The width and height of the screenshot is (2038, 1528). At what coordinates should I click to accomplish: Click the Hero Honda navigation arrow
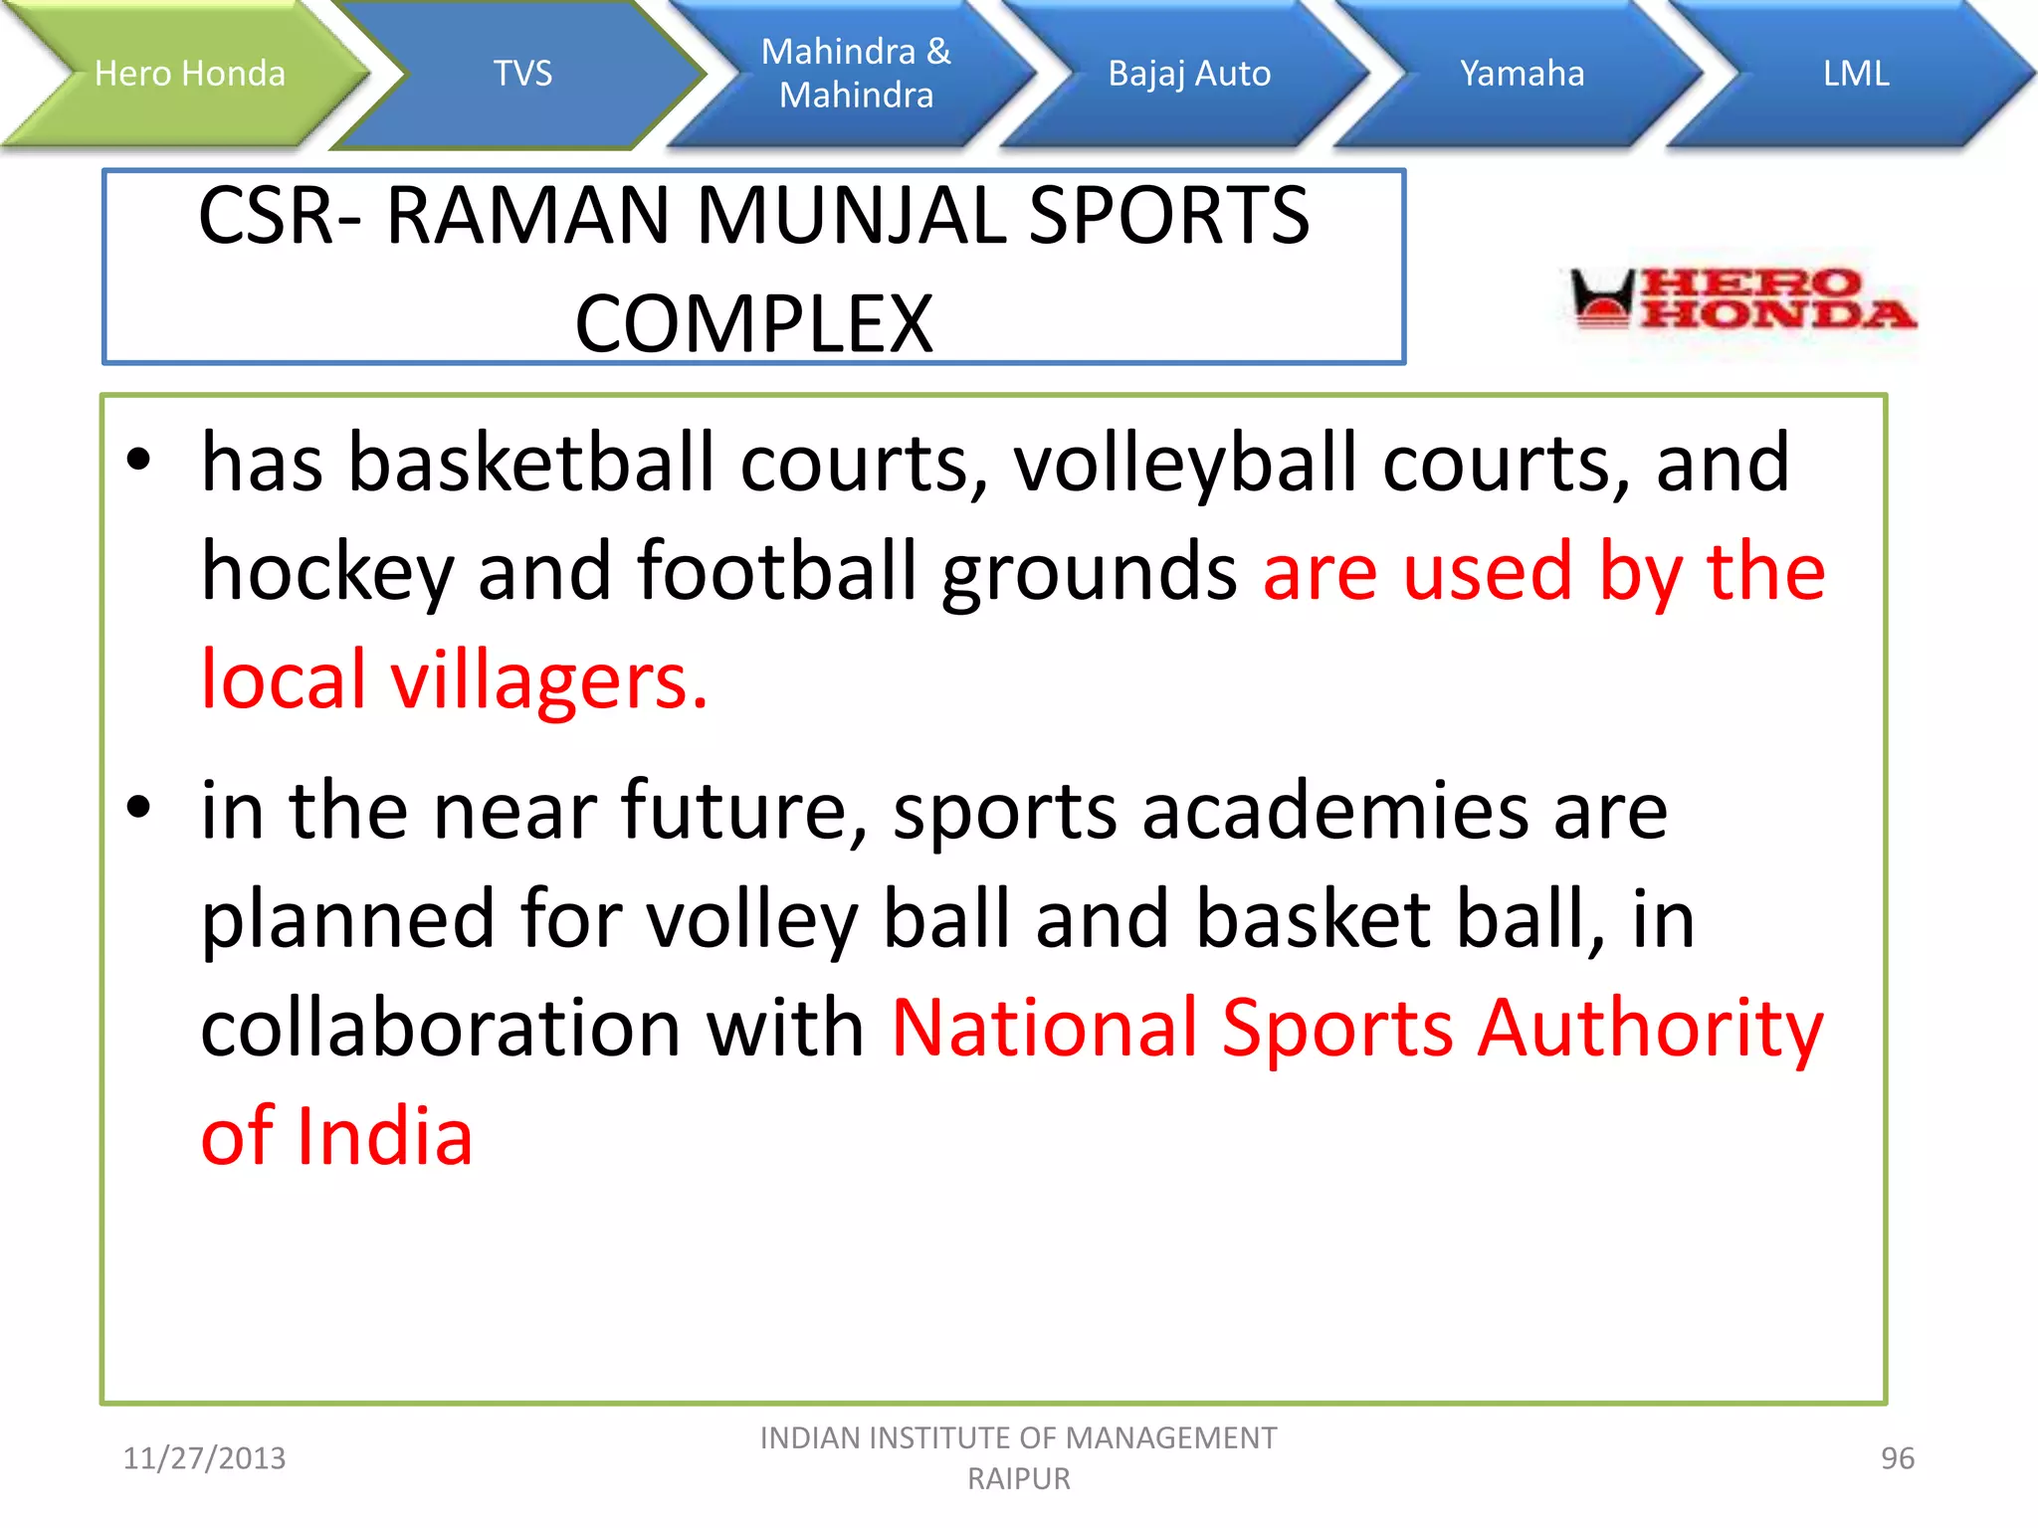coord(189,74)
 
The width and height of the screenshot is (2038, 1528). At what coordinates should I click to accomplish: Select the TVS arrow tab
coord(522,74)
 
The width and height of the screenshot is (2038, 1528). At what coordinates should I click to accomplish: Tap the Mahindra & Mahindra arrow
coord(856,74)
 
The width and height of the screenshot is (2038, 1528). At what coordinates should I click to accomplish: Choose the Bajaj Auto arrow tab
coord(1189,74)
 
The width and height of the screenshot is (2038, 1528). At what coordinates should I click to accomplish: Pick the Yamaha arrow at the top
coord(1522,74)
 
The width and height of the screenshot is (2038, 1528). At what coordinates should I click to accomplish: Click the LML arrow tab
coord(1856,74)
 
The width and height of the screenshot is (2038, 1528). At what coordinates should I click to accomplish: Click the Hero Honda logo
coord(1742,299)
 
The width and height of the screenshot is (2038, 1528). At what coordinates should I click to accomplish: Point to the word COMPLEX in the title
coord(754,324)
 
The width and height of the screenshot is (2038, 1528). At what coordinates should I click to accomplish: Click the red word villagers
coord(548,680)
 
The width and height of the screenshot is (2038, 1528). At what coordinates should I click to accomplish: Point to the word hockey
coord(326,573)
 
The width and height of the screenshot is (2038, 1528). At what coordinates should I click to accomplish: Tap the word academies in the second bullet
coord(1334,811)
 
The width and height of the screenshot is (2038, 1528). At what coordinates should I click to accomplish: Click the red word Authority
coord(1650,1028)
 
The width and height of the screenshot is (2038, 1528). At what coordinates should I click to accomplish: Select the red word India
coord(385,1136)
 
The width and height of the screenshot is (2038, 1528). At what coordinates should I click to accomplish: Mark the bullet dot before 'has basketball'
coord(138,460)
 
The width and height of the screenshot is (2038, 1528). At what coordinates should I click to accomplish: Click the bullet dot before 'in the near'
coord(138,807)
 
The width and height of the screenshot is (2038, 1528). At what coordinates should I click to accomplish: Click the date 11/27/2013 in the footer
coord(204,1458)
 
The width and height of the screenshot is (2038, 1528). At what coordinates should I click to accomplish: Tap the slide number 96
coord(1897,1458)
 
